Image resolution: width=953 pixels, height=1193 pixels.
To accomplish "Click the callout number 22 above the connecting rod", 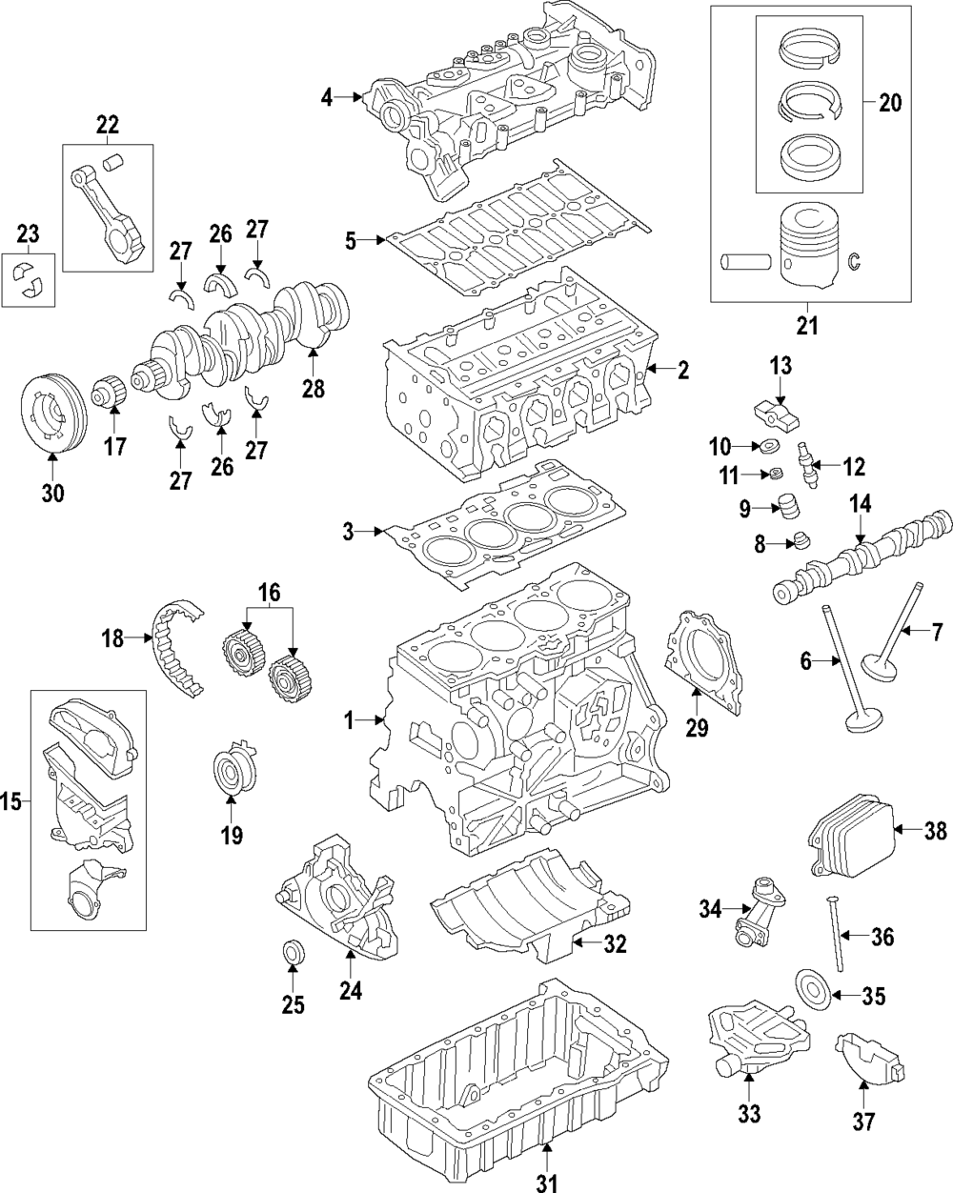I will [x=107, y=123].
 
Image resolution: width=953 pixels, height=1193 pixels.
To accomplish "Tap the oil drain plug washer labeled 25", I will [x=293, y=953].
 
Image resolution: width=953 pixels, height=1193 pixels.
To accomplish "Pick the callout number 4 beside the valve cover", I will [x=327, y=96].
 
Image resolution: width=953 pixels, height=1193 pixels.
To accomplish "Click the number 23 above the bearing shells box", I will [x=28, y=233].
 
